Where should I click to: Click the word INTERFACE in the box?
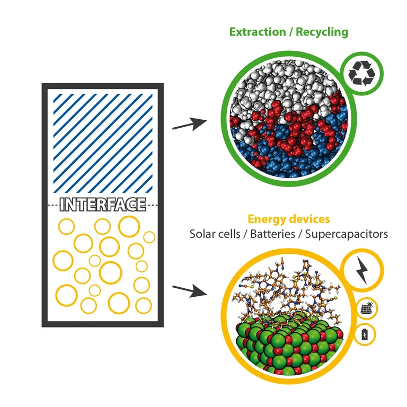point(103,204)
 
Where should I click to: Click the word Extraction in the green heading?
point(256,32)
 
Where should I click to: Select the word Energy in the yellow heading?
point(268,219)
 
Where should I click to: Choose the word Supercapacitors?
point(347,234)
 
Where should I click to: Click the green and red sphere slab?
point(286,350)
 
